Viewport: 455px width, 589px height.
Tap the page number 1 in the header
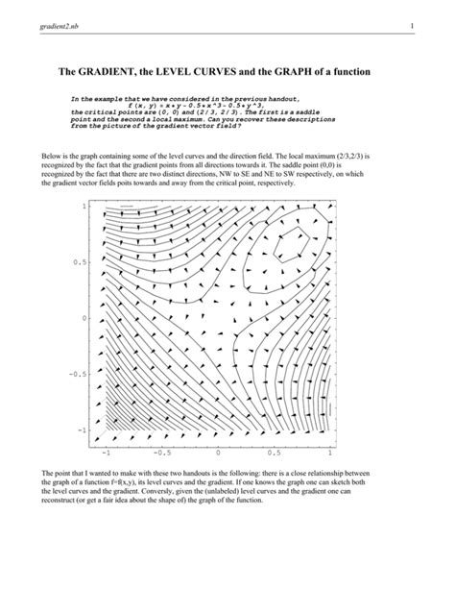click(409, 26)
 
